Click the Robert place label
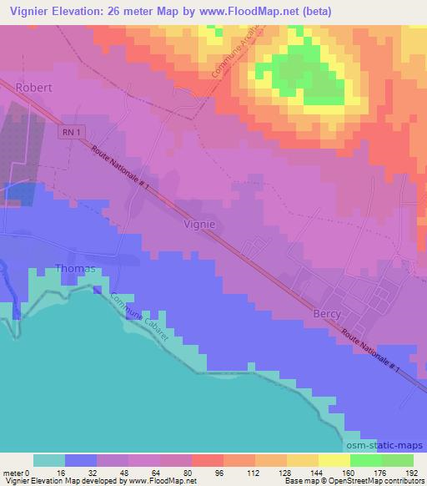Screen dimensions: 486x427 tap(34, 86)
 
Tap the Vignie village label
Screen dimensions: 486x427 tap(199, 224)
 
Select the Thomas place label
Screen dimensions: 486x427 tap(75, 269)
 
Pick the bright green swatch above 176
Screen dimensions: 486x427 tap(366, 460)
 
